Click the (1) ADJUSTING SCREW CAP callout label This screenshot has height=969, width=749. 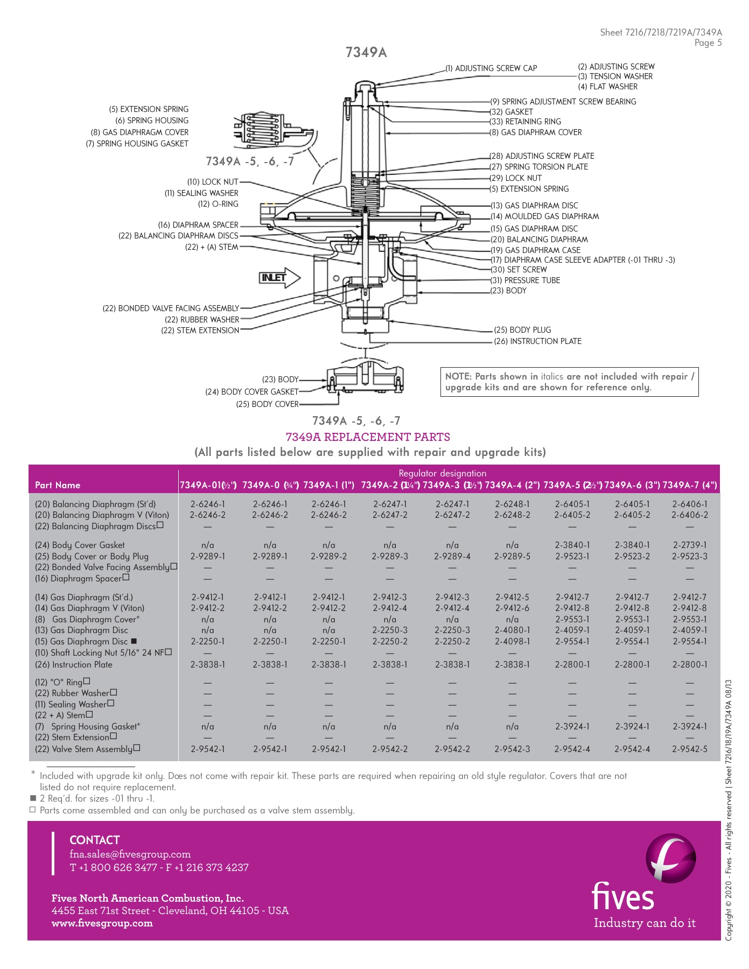[x=491, y=68]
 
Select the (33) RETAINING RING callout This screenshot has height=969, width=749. [x=526, y=122]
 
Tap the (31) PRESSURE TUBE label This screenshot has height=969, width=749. [x=526, y=280]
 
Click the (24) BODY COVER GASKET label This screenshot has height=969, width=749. [x=251, y=392]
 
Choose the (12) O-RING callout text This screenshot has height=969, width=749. [x=218, y=204]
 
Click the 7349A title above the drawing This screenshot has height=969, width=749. [x=366, y=52]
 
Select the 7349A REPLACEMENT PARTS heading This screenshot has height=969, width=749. [x=368, y=437]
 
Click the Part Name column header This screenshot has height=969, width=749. [x=58, y=485]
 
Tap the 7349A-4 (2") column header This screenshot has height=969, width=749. [x=512, y=485]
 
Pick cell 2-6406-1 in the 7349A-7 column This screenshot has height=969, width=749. [x=690, y=504]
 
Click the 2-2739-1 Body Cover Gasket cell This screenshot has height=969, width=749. [x=690, y=545]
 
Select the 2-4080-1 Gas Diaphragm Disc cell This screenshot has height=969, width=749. [x=512, y=630]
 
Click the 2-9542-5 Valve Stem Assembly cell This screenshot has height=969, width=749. [x=690, y=749]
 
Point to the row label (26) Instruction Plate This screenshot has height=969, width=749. [x=74, y=665]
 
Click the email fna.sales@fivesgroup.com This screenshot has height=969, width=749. [x=130, y=854]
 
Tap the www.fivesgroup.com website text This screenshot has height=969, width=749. [x=102, y=923]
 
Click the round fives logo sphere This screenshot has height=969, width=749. [x=671, y=859]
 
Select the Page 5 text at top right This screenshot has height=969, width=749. [x=708, y=43]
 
